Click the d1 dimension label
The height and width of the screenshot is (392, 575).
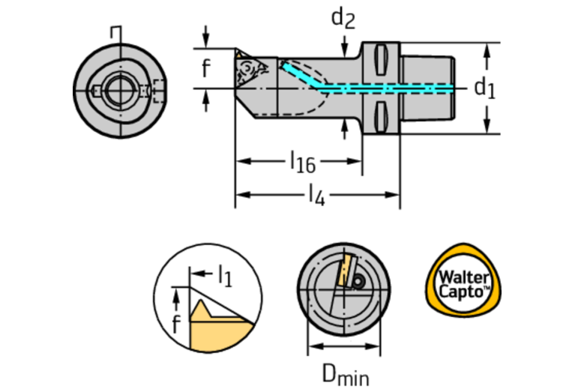(x=484, y=88)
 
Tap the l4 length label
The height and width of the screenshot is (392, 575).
(x=316, y=196)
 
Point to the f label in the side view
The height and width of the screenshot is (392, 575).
(x=206, y=69)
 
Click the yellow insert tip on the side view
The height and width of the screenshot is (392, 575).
(x=238, y=55)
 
